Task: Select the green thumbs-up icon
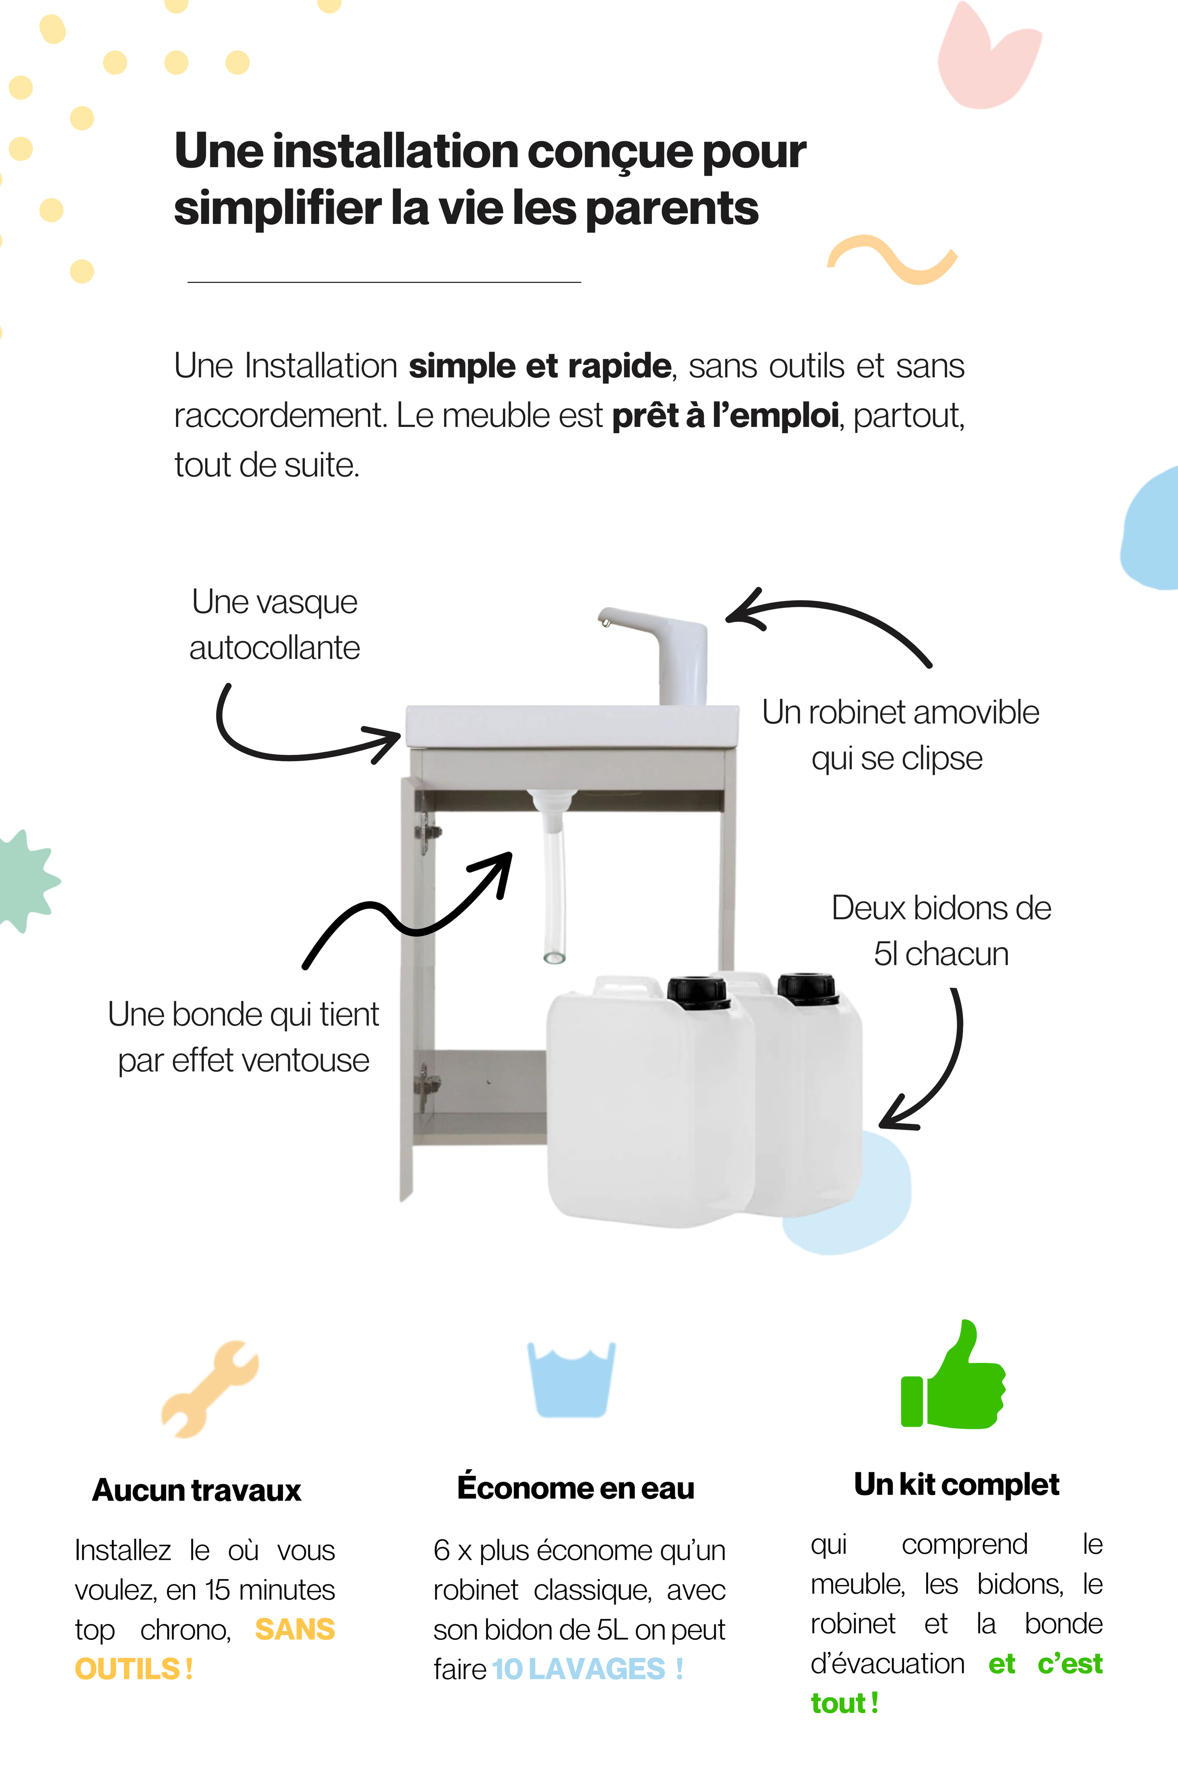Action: tap(953, 1376)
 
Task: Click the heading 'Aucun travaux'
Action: tap(197, 1490)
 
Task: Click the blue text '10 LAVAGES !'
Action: tap(588, 1669)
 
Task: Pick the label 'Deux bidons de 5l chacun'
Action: tap(941, 931)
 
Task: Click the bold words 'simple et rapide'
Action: tap(539, 366)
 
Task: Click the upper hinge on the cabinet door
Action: tap(427, 834)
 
